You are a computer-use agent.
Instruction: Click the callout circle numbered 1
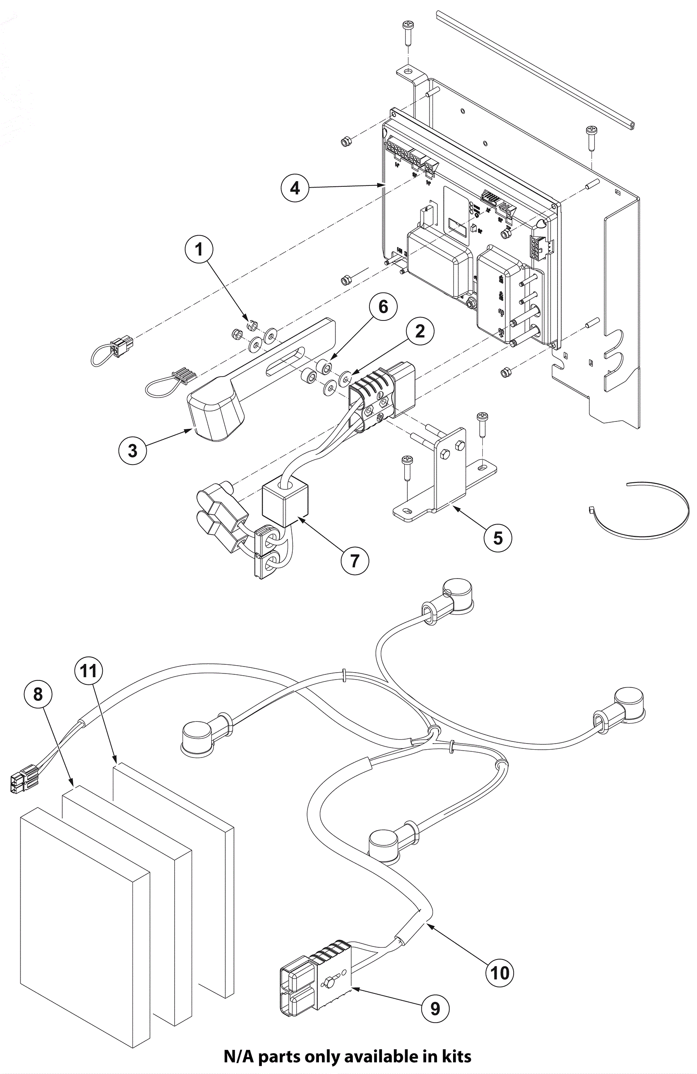(x=199, y=249)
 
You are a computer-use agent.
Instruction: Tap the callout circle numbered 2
(x=420, y=331)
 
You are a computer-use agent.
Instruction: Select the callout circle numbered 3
(x=132, y=450)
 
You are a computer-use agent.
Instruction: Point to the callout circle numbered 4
(x=295, y=187)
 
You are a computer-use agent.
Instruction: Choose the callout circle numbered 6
(x=383, y=307)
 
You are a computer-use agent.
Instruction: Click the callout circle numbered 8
(x=38, y=694)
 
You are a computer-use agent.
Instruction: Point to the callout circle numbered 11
(x=88, y=670)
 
